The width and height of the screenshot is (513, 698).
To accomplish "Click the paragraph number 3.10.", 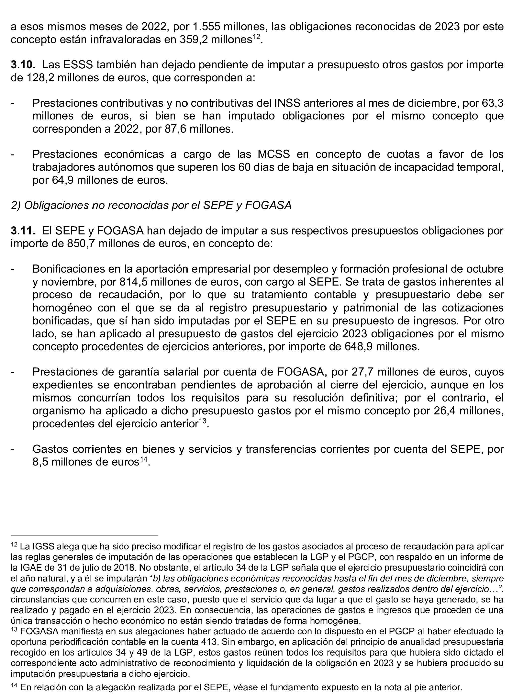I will pyautogui.click(x=23, y=65).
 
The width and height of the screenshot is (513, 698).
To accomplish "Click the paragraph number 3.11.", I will pyautogui.click(x=23, y=231).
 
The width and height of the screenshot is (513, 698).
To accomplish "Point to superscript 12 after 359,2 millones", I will pyautogui.click(x=256, y=37).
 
